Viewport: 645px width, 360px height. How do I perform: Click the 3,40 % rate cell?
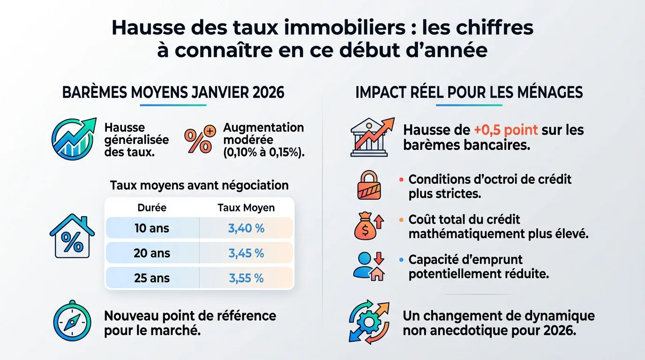click(246, 228)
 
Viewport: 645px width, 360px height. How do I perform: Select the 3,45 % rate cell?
click(246, 253)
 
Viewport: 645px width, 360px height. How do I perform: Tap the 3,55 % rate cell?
click(246, 278)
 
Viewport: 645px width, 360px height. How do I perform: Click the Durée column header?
click(152, 208)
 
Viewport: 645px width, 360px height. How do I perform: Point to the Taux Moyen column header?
click(246, 208)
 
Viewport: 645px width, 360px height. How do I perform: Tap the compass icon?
click(72, 321)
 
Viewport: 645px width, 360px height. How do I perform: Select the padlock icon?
click(369, 185)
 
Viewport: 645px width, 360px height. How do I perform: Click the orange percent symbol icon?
click(200, 139)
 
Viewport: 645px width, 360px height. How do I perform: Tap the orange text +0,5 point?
click(505, 129)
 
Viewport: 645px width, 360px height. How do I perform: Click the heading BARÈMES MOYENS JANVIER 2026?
click(173, 92)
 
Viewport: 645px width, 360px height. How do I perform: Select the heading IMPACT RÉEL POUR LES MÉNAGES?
click(469, 92)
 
